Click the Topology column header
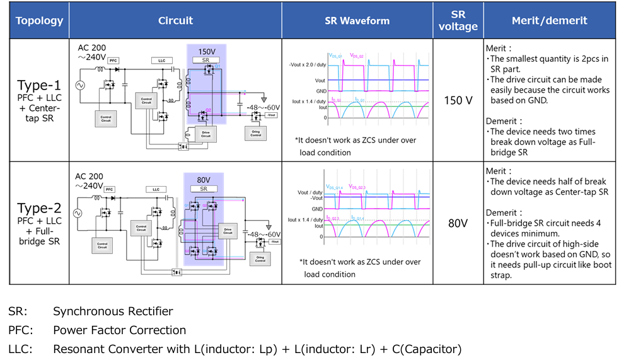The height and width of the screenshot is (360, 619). click(39, 20)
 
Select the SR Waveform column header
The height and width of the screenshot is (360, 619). click(357, 20)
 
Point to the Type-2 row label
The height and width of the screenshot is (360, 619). click(39, 208)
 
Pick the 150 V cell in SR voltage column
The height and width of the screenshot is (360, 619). click(458, 101)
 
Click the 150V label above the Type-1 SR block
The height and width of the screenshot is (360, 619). click(207, 51)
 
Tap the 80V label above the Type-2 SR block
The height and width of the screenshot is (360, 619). click(204, 179)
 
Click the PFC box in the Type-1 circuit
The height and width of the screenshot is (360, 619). click(113, 61)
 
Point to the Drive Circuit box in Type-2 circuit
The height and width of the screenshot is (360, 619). click(227, 230)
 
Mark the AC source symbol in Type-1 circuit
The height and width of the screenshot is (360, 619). click(81, 84)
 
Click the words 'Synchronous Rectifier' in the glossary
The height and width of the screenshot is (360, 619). click(113, 311)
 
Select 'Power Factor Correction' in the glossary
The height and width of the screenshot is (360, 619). click(119, 330)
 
